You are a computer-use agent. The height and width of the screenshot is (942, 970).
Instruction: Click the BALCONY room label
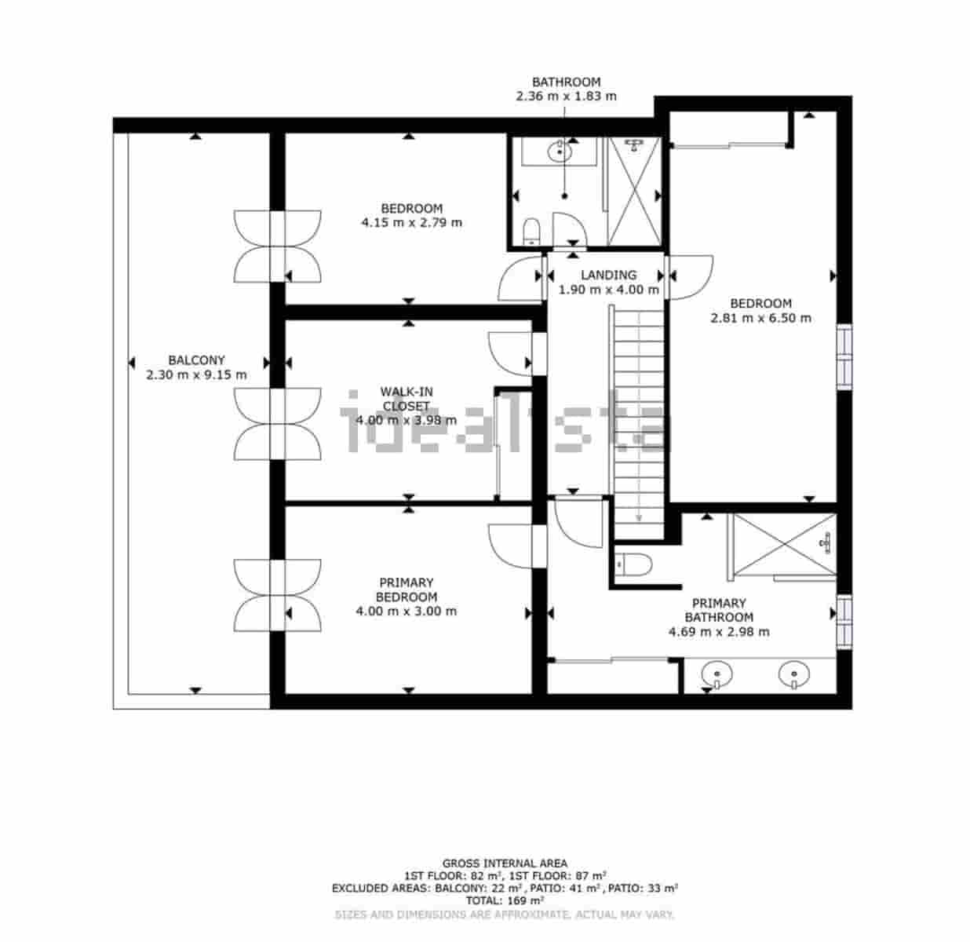196,360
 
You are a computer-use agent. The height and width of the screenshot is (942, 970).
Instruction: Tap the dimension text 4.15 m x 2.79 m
411,223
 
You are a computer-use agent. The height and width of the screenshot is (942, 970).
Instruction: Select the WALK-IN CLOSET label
406,399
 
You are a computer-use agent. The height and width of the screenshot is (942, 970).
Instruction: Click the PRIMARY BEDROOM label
406,590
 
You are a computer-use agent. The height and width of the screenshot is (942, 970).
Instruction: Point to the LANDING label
608,276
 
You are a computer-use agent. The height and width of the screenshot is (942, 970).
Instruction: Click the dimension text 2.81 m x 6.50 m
760,319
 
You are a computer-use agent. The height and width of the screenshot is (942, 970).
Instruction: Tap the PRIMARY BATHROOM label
718,610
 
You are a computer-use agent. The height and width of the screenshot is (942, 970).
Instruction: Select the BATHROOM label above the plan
566,82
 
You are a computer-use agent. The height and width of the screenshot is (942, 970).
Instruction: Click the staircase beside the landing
639,416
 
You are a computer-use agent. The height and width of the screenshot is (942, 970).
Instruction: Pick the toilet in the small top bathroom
531,231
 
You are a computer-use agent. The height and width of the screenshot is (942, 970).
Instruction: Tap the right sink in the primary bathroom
794,674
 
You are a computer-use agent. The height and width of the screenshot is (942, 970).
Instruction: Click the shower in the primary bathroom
782,545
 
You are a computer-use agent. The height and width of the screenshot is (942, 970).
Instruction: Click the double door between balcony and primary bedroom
278,595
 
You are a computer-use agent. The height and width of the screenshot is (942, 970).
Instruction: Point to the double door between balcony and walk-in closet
278,424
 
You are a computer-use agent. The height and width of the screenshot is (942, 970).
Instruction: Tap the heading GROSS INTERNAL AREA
505,863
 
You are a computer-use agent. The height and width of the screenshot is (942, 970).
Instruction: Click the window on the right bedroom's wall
844,357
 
